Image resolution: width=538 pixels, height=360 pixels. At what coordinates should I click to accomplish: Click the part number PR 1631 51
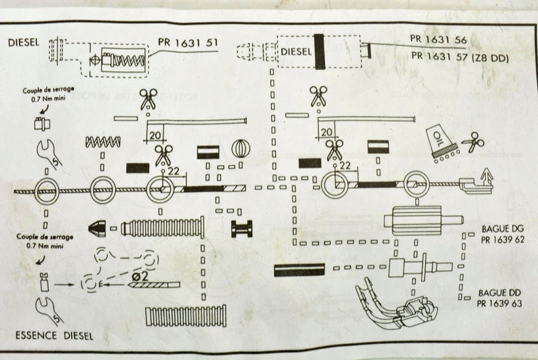(x=188, y=42)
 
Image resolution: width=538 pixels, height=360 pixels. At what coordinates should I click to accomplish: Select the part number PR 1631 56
(x=439, y=38)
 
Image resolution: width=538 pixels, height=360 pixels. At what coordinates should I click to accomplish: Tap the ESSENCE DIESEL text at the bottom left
(x=53, y=335)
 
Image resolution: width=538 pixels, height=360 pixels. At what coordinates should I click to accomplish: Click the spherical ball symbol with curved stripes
(x=240, y=148)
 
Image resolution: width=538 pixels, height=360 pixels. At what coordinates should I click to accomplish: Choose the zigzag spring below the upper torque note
(x=103, y=142)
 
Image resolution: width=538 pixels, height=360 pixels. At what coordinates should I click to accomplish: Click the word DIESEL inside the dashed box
(x=296, y=51)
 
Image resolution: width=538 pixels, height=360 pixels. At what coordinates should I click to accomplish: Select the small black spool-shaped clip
(x=242, y=228)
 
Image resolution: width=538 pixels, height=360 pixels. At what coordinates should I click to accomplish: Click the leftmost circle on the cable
(x=45, y=191)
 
